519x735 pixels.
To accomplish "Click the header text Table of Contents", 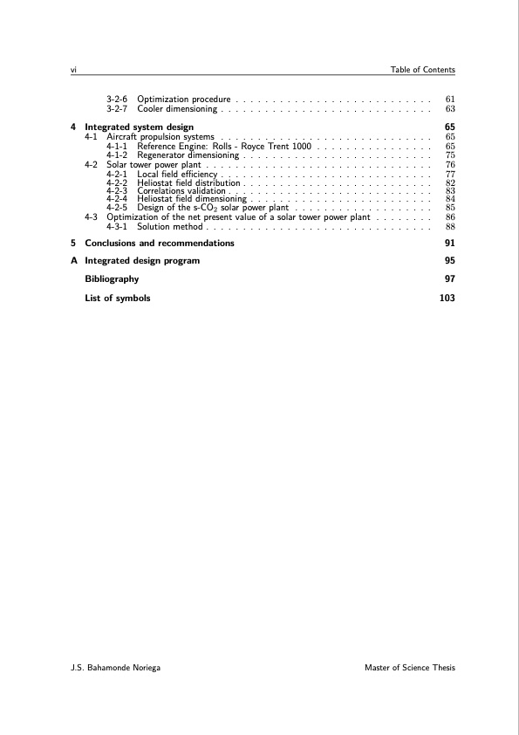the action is [x=422, y=70].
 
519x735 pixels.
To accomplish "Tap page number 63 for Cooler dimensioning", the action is [x=450, y=110].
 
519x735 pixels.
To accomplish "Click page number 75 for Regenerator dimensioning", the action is [x=450, y=155].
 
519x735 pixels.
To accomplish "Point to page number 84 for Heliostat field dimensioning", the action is [x=450, y=200].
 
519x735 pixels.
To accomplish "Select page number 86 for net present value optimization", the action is [x=450, y=217].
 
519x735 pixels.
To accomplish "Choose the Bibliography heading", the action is [x=111, y=279].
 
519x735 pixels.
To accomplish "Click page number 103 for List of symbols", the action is [x=447, y=298].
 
